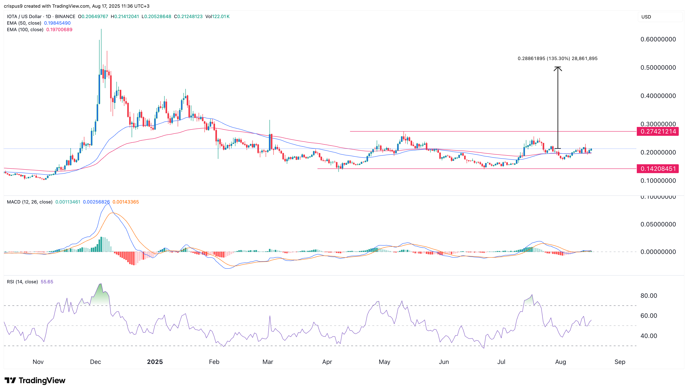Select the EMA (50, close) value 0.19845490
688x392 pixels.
tap(57, 23)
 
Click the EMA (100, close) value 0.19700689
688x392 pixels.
tap(59, 30)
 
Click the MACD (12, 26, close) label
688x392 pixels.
tap(30, 202)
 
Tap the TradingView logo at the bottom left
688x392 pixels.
tap(35, 380)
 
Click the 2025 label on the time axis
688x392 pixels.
tap(155, 362)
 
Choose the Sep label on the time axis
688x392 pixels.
tap(620, 362)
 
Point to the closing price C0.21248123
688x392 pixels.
tap(188, 16)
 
